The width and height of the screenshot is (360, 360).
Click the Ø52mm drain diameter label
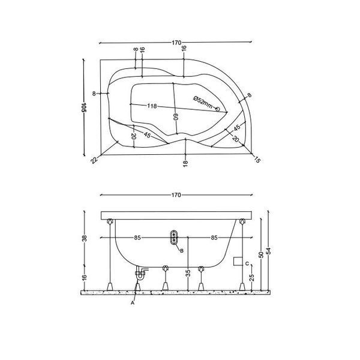[x=203, y=102]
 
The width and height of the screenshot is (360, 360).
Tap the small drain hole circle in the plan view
[x=217, y=109]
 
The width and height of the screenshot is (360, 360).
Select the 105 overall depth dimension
[x=83, y=107]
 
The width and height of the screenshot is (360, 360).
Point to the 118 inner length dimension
[x=152, y=106]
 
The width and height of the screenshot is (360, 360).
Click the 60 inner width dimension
[x=176, y=118]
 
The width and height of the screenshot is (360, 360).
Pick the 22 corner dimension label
[x=94, y=160]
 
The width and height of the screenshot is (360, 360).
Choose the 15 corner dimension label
[x=257, y=160]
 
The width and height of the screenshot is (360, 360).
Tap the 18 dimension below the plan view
[x=185, y=163]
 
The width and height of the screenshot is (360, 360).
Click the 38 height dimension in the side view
[x=85, y=239]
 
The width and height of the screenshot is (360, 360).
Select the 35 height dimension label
[x=188, y=273]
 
